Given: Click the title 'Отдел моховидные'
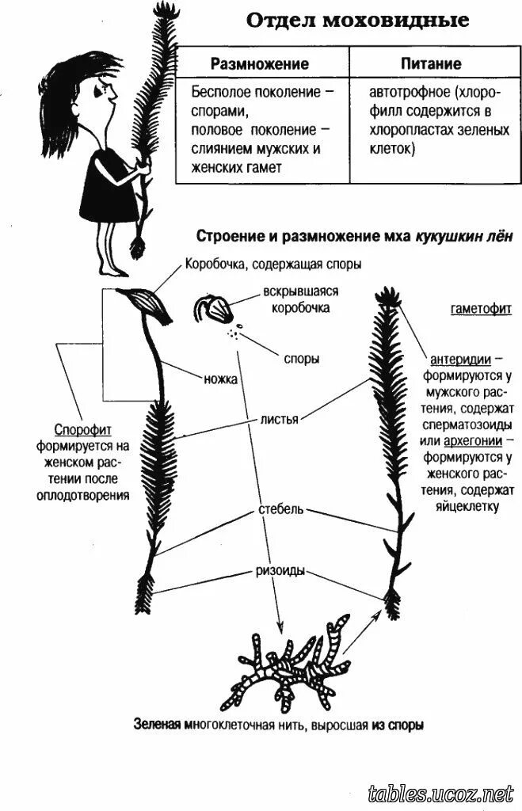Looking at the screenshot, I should pyautogui.click(x=346, y=20).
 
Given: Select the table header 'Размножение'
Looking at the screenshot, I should pyautogui.click(x=259, y=63).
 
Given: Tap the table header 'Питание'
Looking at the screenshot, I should pyautogui.click(x=430, y=63).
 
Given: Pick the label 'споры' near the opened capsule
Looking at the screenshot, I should pyautogui.click(x=302, y=359).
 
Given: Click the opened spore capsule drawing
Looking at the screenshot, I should pyautogui.click(x=214, y=310).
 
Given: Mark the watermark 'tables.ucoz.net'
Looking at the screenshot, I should pyautogui.click(x=441, y=793).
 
